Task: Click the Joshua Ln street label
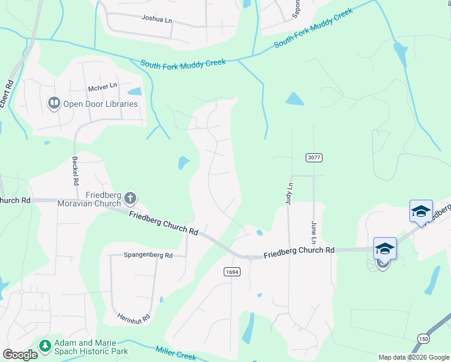point(157,19)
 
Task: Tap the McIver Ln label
point(102,88)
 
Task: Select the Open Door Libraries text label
point(101,104)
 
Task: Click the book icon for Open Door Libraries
point(54,104)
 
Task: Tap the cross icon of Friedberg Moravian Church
point(130,198)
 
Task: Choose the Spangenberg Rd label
point(148,256)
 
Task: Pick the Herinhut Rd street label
point(133,313)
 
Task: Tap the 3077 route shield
point(314,157)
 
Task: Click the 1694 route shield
point(232,272)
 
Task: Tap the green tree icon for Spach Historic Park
point(45,346)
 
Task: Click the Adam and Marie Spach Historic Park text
point(90,346)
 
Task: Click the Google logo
point(20,355)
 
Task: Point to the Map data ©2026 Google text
point(413,357)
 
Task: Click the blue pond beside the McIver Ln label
point(134,92)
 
